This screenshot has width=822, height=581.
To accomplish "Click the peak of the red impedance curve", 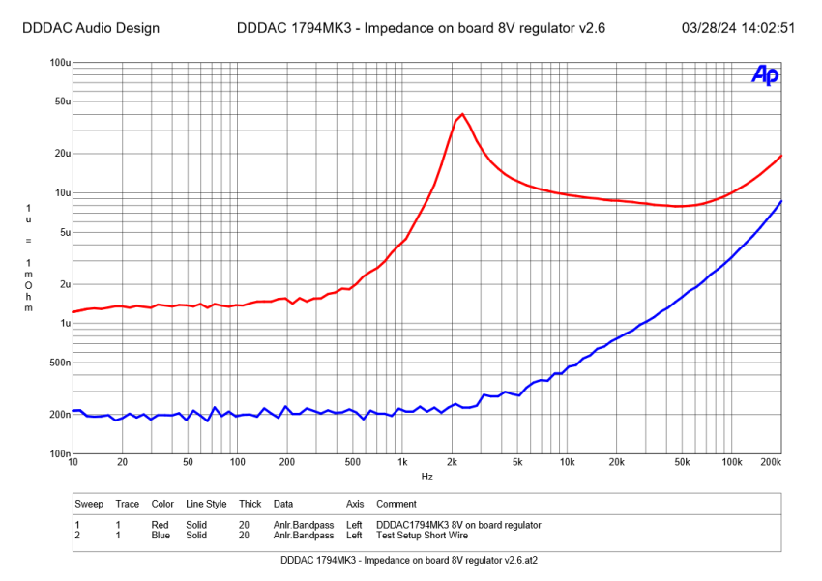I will coord(462,114).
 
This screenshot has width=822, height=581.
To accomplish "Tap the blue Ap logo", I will coord(765,75).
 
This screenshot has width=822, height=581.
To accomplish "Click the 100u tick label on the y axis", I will coord(59,63).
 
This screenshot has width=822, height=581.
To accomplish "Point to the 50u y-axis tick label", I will coord(61,102).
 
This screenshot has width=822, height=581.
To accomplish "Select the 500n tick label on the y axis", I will coord(58,363).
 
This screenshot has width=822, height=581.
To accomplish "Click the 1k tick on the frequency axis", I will coord(402,462).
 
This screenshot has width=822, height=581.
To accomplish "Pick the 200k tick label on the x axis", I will coord(772,462).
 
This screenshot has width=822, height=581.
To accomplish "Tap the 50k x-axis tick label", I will coord(683,462).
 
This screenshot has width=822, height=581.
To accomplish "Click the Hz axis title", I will coord(426,477).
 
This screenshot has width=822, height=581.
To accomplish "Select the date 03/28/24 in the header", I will coord(713,28).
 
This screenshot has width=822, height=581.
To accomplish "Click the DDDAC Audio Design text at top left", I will coord(90,28).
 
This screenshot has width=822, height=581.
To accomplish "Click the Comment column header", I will coord(396,504).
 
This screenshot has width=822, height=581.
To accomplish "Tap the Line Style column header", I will coord(206,504).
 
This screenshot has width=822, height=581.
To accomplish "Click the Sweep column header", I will coord(90,504).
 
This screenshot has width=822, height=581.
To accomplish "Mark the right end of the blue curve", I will coord(780,201).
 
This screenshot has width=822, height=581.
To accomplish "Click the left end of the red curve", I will coord(73,311).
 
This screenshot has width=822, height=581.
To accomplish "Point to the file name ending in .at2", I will coord(410,560).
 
